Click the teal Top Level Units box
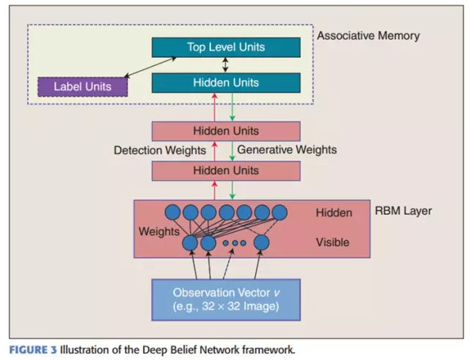click(226, 48)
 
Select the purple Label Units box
click(82, 87)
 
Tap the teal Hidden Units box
click(226, 82)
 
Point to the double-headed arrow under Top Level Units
click(226, 65)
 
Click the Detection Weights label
click(160, 150)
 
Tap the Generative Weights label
click(287, 150)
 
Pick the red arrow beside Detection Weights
click(215, 150)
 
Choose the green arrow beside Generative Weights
click(231, 150)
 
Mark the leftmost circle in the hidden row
click(173, 213)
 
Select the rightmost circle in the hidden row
click(279, 213)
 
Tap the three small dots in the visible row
click(234, 243)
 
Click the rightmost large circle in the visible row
click(262, 242)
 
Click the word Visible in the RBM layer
click(333, 243)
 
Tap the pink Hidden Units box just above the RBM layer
click(226, 171)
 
